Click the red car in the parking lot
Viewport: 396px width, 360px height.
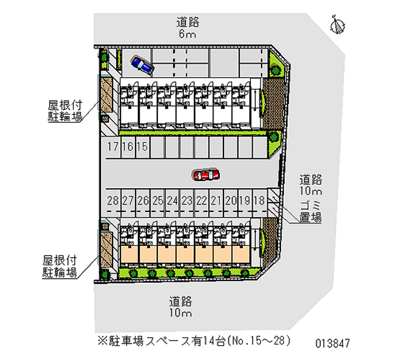click(x=207, y=175)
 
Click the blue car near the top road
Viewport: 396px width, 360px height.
click(x=142, y=65)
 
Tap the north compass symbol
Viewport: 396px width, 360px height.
click(x=339, y=25)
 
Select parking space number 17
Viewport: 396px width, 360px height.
click(x=113, y=147)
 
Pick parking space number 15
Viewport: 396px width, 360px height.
click(x=142, y=147)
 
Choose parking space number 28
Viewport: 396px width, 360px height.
click(x=113, y=201)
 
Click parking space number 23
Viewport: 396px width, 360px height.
click(x=187, y=201)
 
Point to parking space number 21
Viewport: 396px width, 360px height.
click(x=216, y=201)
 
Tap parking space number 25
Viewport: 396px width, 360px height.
click(x=157, y=201)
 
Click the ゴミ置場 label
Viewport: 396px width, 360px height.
click(x=311, y=211)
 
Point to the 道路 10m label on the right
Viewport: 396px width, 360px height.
click(x=311, y=184)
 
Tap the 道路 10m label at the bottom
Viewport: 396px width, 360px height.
click(x=180, y=307)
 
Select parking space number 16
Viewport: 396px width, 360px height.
click(x=128, y=147)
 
